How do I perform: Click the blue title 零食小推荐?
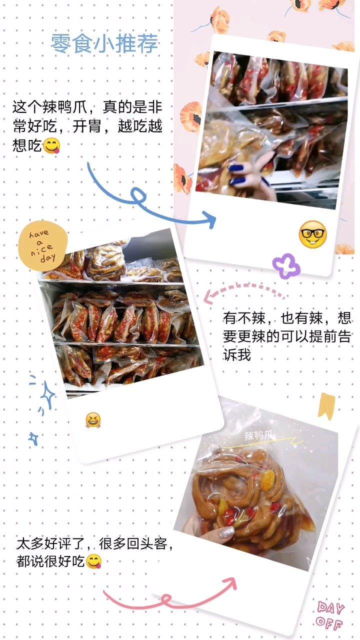point(104,43)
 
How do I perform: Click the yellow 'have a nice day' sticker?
point(43,246)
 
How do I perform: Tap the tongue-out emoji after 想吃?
point(51,145)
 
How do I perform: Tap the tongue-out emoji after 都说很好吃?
point(93,561)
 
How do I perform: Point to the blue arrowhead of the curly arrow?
point(210,219)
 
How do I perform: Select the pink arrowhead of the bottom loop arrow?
point(230,583)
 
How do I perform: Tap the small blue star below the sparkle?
point(33,438)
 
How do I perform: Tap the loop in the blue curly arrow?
point(138,195)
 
